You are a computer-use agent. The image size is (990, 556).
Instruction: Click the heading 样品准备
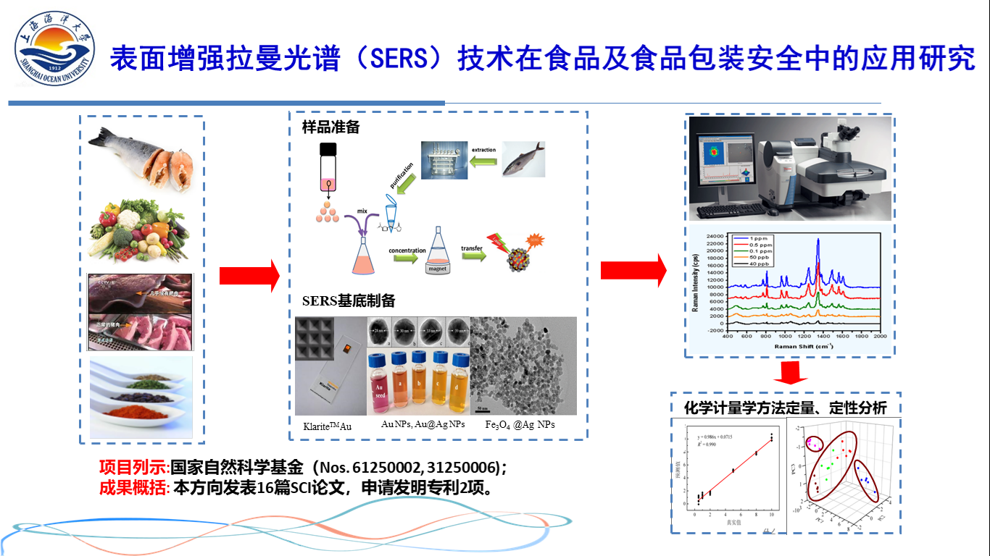(330, 128)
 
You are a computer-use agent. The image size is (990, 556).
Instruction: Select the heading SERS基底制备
(349, 301)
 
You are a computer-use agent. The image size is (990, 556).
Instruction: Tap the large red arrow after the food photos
(249, 276)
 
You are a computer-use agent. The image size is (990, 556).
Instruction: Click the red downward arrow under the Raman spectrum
(791, 372)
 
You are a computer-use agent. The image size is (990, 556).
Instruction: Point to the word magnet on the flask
(438, 268)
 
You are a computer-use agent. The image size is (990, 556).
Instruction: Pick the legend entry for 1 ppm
(753, 239)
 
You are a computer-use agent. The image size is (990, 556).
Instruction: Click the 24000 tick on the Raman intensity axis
(715, 236)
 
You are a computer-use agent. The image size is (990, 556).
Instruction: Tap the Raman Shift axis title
(804, 347)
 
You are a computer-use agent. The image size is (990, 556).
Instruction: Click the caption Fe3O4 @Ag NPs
(520, 424)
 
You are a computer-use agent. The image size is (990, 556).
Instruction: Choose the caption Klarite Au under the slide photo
(327, 426)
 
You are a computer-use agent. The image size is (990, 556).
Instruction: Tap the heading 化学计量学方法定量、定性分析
(785, 408)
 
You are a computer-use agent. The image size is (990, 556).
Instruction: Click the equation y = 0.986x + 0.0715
(718, 438)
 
